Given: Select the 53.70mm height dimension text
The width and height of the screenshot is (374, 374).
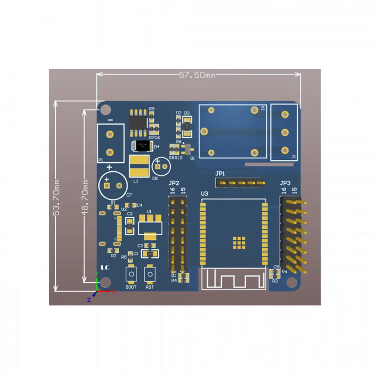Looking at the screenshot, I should pos(57,197).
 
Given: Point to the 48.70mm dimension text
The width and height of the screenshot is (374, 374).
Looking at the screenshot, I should pos(85,197).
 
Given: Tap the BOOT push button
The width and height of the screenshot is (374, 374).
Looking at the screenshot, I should pos(131,274).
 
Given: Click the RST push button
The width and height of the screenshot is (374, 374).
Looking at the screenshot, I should pos(150,274).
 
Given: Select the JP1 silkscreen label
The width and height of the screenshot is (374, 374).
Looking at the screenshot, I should pos(220,174).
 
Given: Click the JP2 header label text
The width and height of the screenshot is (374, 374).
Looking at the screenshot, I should pos(174,183).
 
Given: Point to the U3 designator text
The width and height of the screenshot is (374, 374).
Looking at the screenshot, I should pos(205,193).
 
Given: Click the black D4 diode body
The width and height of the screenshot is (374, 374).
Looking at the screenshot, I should pos(142,146).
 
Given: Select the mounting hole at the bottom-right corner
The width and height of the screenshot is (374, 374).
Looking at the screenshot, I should pos(291,283).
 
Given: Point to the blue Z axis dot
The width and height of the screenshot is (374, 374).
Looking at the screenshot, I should pos(94,294).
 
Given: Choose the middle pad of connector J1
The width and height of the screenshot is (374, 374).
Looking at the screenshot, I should pos(285,132).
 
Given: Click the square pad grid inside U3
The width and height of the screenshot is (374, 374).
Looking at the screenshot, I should pos(239,242).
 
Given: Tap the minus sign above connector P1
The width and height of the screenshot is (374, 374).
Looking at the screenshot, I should pos(110,120).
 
